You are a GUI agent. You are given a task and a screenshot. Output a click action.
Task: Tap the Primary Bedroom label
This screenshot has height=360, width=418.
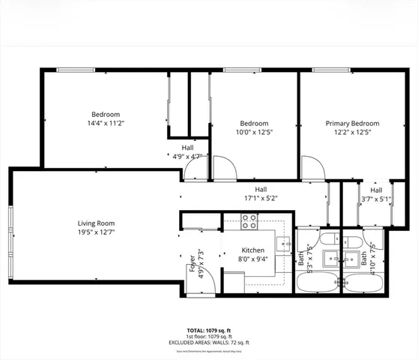pos(351,123)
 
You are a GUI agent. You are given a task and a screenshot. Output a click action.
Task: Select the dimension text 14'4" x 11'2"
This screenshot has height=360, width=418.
pos(106,124)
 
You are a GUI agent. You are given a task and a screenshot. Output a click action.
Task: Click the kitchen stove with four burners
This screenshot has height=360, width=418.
pos(249,220)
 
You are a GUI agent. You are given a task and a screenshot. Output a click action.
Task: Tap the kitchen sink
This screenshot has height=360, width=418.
pos(284,244)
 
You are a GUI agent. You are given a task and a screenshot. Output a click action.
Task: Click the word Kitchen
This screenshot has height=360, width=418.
pos(253,250)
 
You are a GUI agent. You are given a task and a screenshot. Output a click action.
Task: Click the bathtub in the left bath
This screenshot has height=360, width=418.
pos(315,283)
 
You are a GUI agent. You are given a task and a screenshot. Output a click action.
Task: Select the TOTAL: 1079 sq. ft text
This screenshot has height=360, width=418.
pos(209,330)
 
